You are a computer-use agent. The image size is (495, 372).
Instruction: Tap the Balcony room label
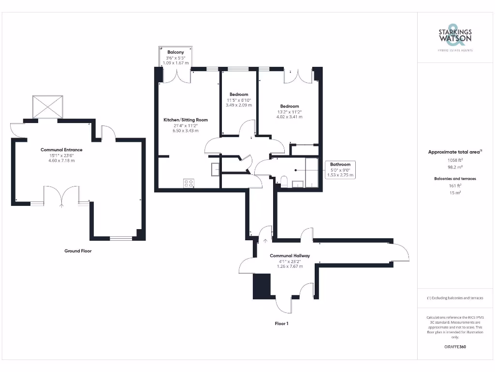click(x=175, y=52)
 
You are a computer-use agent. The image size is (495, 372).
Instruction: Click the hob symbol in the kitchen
click(x=189, y=183)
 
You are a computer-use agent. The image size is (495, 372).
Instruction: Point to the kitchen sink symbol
click(x=215, y=168)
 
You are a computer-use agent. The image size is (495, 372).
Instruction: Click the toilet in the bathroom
click(x=284, y=182)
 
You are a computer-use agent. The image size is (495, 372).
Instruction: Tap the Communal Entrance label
click(x=61, y=150)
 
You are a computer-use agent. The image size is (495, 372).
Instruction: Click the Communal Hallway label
click(x=290, y=256)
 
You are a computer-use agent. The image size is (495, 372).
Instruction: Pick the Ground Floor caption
click(x=78, y=251)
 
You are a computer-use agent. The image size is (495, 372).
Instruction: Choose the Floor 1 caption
click(x=281, y=323)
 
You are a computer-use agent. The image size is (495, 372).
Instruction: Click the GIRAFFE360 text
click(x=454, y=347)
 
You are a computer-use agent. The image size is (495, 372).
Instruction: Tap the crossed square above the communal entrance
click(x=48, y=107)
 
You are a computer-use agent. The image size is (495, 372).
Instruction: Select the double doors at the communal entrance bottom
click(x=61, y=196)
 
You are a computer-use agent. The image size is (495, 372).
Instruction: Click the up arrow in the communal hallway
click(x=265, y=240)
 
